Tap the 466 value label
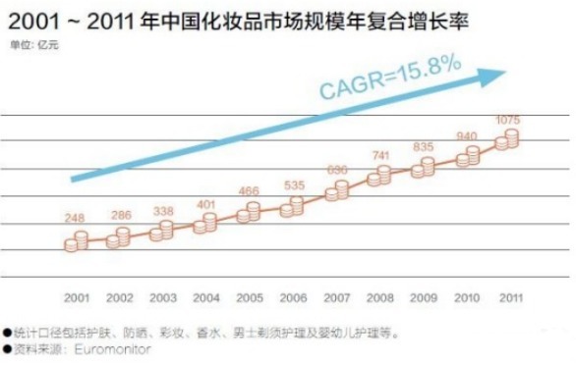click(x=250, y=189)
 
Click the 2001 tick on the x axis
click(x=77, y=295)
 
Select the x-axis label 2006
click(x=292, y=295)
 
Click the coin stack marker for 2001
click(x=77, y=239)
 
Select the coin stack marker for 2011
click(x=507, y=140)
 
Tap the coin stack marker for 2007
click(x=335, y=190)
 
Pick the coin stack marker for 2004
click(x=205, y=224)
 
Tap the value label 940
click(x=468, y=136)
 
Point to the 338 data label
click(x=164, y=210)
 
